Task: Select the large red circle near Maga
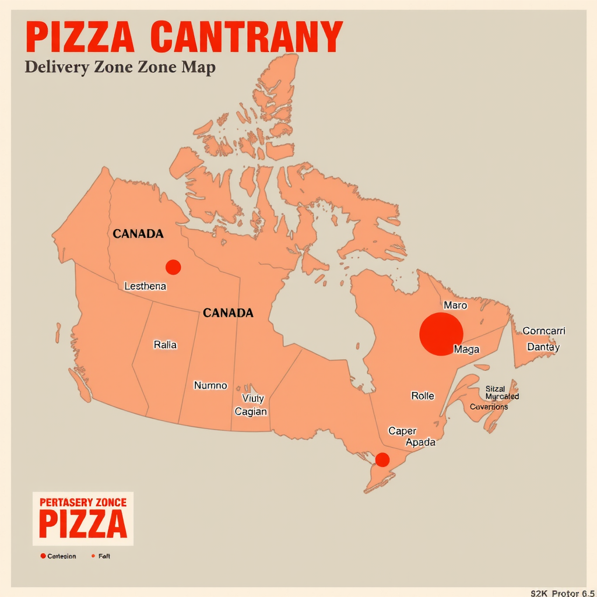click(x=441, y=334)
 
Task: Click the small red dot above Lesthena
click(x=173, y=267)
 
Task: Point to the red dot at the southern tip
click(x=382, y=459)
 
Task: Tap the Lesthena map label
click(x=145, y=286)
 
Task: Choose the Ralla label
click(x=165, y=345)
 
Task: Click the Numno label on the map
click(x=210, y=385)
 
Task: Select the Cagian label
click(x=251, y=412)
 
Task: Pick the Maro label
click(x=455, y=305)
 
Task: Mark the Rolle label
click(x=423, y=396)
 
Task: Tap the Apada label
click(x=420, y=442)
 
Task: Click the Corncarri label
click(x=544, y=331)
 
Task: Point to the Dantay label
click(x=543, y=347)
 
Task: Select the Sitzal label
click(x=495, y=388)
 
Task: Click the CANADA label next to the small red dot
click(x=138, y=234)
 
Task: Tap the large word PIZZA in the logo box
click(x=83, y=524)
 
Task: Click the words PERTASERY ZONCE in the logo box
click(x=83, y=501)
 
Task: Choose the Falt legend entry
click(x=104, y=556)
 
